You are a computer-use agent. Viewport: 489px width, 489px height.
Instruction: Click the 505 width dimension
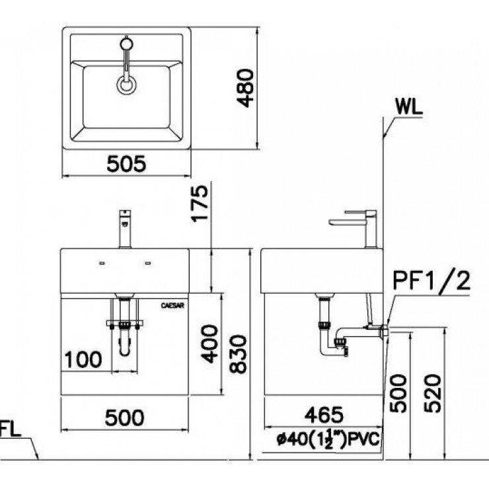click(x=126, y=163)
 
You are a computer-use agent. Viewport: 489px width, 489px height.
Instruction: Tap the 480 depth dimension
click(x=244, y=89)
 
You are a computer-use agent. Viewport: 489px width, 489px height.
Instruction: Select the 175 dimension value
click(x=200, y=206)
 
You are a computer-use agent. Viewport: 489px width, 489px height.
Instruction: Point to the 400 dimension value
click(x=209, y=344)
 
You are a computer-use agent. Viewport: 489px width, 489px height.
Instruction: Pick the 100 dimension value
click(x=84, y=359)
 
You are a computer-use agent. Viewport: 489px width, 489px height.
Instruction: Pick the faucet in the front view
click(x=124, y=229)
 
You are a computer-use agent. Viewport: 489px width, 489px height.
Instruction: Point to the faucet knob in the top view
click(x=126, y=44)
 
